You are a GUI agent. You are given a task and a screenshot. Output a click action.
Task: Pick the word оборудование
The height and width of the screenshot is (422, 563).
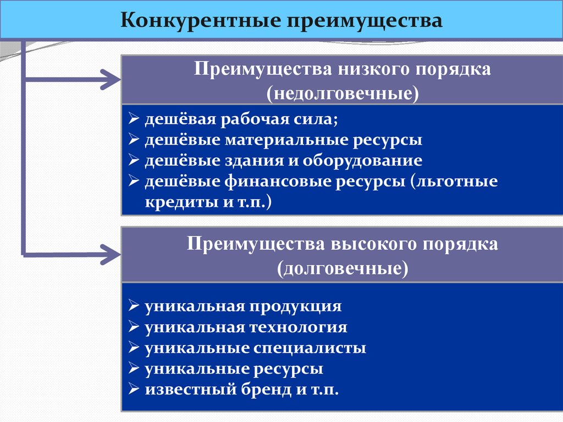coord(361,161)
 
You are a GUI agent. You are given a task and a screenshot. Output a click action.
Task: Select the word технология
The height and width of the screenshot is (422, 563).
coord(300,327)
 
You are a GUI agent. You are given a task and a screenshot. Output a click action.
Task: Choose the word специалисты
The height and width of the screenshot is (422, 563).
coord(310,348)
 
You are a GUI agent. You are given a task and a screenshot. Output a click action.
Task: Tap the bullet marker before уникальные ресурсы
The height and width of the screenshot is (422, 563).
coord(134,369)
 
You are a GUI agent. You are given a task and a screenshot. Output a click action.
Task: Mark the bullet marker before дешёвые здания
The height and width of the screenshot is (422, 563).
coord(134,161)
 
